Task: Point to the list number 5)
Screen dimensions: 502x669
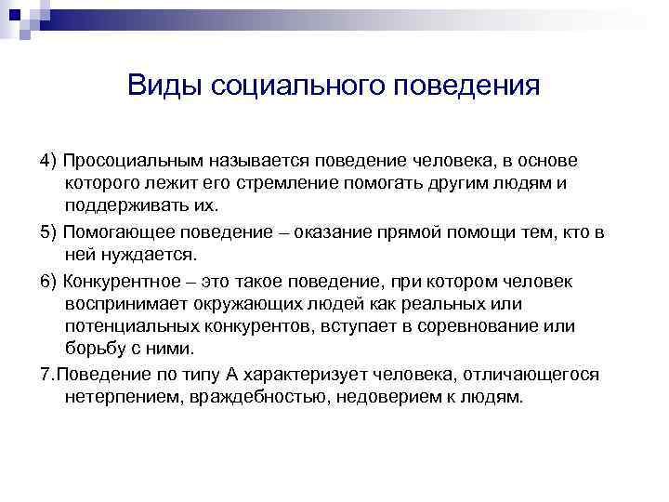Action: coord(49,231)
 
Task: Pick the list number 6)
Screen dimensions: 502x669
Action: coord(49,280)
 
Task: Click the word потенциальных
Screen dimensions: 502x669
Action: coord(127,327)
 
